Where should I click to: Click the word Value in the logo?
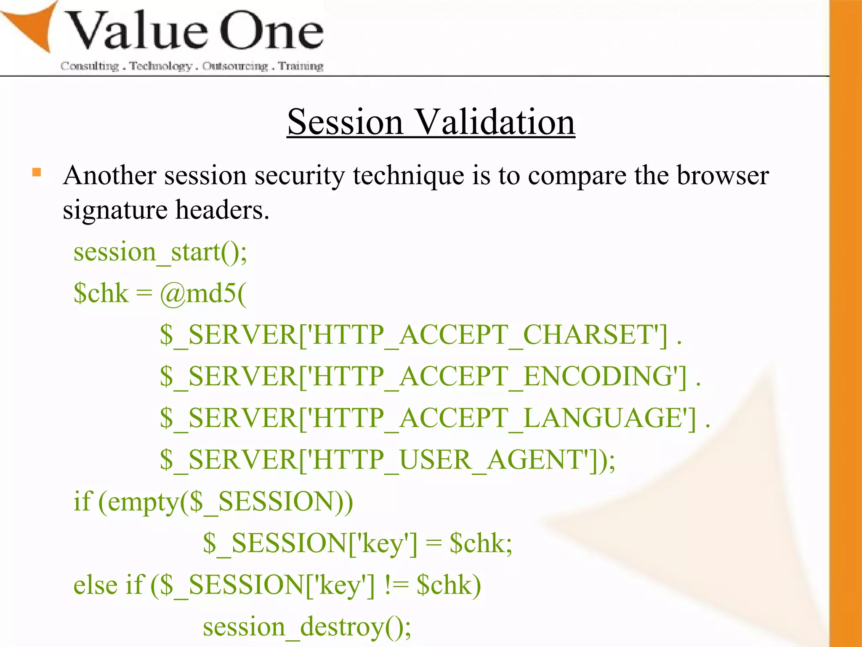[x=137, y=32]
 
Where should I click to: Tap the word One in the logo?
[x=271, y=32]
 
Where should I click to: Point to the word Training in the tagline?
[x=301, y=66]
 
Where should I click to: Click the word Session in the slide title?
[x=345, y=122]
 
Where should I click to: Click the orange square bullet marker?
[x=37, y=172]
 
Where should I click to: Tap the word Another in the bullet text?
[x=110, y=175]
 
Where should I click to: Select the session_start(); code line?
[x=160, y=252]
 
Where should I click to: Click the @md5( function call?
[x=203, y=293]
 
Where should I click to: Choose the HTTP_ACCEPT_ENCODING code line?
[x=430, y=377]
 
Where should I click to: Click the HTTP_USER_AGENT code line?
[x=387, y=460]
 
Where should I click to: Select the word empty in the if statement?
[x=143, y=502]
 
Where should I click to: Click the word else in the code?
[x=94, y=585]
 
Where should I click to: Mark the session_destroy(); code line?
[x=307, y=627]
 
